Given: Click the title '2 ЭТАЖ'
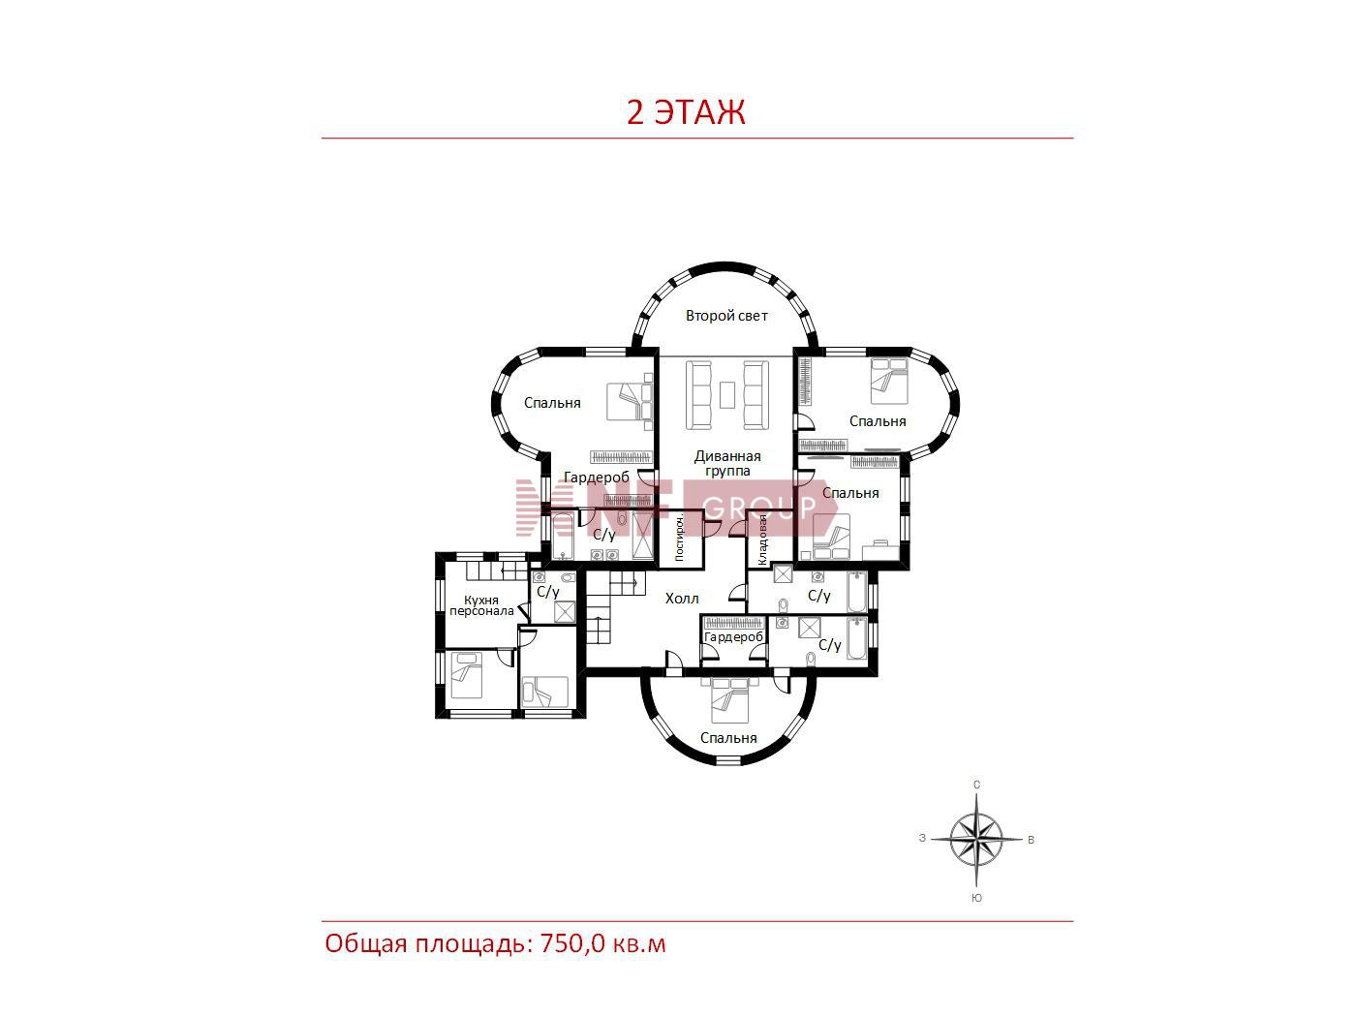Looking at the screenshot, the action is coord(686,112).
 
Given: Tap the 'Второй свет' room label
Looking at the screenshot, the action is coord(726,316).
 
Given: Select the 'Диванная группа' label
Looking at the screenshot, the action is coord(727,463).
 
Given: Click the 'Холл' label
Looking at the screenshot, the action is coord(682,598).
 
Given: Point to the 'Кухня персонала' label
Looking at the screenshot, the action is coord(481,605).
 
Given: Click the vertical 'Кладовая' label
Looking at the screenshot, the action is coord(762,539).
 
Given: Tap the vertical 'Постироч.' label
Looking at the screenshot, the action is coord(680,538).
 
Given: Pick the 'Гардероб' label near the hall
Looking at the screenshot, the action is coord(733,636).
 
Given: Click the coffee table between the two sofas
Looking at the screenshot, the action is coord(727,394).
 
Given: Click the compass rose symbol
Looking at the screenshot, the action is coord(976,839).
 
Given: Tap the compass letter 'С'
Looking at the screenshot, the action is coord(976,785).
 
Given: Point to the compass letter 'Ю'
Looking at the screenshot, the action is coord(976,898).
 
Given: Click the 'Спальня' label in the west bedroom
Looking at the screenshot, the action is coord(552,403).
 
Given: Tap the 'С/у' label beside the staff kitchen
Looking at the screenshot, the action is coord(548,592).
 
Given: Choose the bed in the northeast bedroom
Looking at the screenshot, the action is coord(889,381).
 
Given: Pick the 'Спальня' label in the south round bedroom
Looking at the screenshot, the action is coord(728,738).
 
